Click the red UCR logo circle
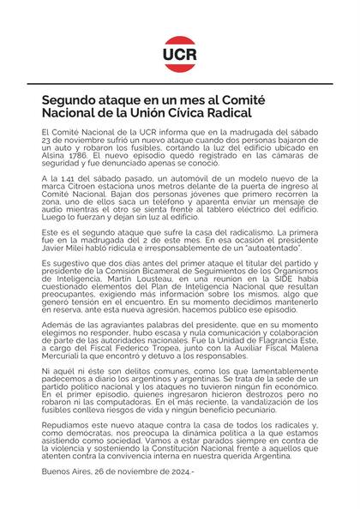click(180, 52)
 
